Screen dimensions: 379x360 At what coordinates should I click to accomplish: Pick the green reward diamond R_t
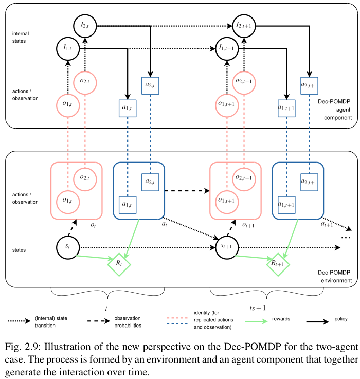pos(119,263)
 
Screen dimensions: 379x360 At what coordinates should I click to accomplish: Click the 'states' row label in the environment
pos(20,250)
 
